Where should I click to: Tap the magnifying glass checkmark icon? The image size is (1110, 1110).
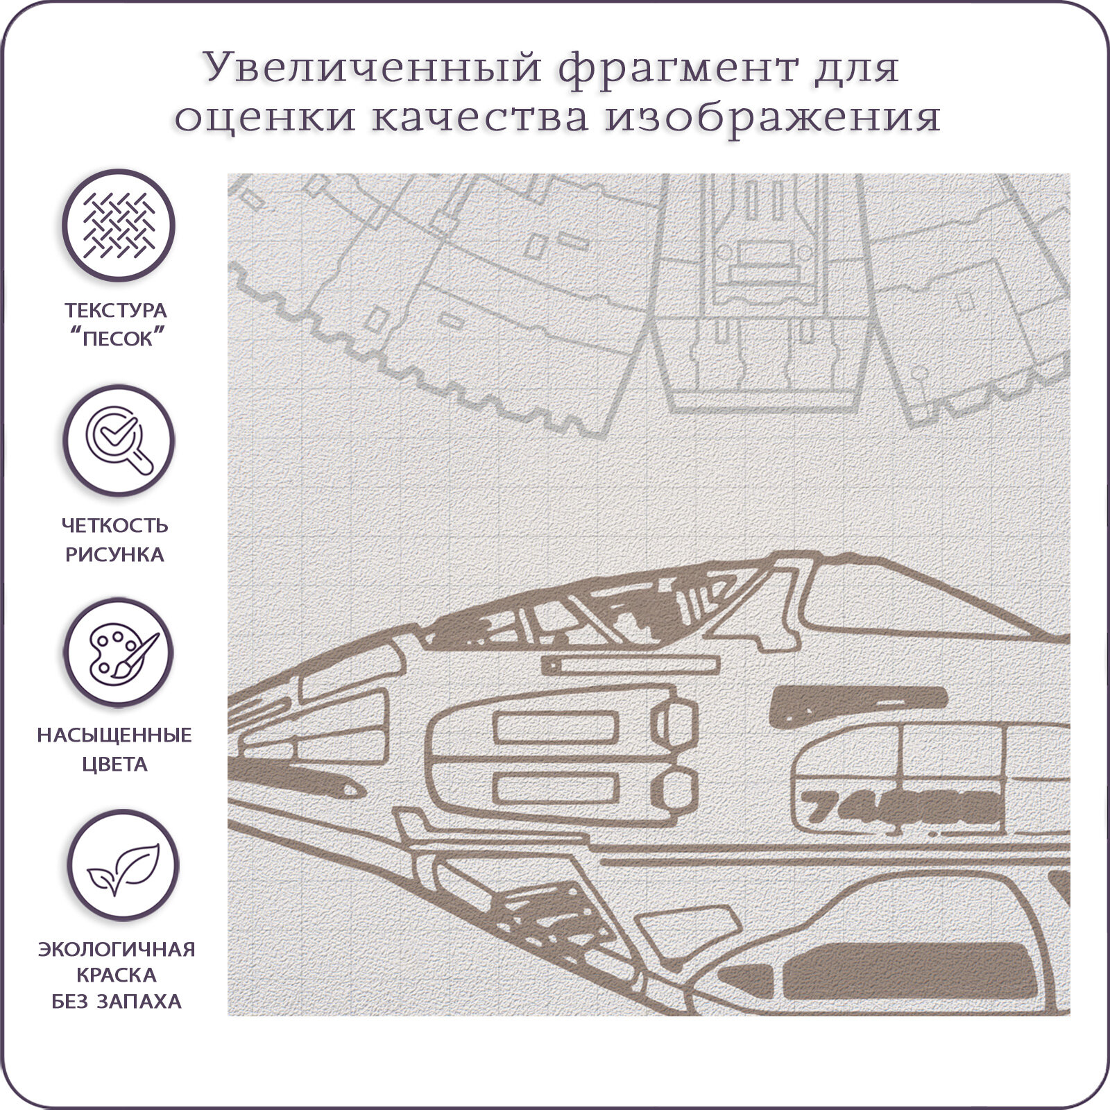click(x=119, y=439)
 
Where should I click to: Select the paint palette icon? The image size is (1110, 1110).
click(x=119, y=654)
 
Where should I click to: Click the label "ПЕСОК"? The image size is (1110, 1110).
click(x=117, y=340)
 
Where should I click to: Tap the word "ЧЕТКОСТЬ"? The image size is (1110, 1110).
click(x=116, y=525)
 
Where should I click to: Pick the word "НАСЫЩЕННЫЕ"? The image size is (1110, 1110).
click(x=115, y=735)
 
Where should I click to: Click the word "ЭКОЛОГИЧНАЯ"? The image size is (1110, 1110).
click(x=117, y=949)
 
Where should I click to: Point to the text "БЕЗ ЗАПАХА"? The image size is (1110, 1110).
click(x=117, y=1002)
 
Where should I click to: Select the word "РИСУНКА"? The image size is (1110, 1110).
click(x=115, y=555)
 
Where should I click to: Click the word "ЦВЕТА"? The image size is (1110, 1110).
click(x=115, y=765)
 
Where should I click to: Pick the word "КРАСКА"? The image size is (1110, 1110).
click(x=117, y=975)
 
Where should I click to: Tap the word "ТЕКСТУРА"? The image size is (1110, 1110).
click(x=116, y=310)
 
